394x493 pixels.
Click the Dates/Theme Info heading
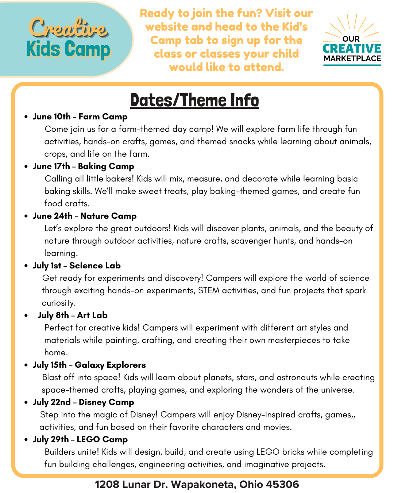tap(194, 100)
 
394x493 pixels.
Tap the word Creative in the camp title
tap(68, 28)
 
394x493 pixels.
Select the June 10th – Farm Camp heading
tap(80, 117)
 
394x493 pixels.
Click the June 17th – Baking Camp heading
tap(83, 167)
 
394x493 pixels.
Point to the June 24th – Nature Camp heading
tap(84, 216)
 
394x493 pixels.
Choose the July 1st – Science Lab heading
tap(77, 266)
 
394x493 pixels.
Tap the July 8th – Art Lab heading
tap(72, 316)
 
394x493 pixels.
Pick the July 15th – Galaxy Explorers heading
tap(89, 365)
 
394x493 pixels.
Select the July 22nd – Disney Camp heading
tap(83, 402)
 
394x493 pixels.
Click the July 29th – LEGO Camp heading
tap(80, 440)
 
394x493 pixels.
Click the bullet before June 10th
tap(26, 117)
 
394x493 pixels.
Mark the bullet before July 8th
tap(26, 316)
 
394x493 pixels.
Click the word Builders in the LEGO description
tap(58, 452)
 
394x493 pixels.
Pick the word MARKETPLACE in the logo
tap(352, 58)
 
